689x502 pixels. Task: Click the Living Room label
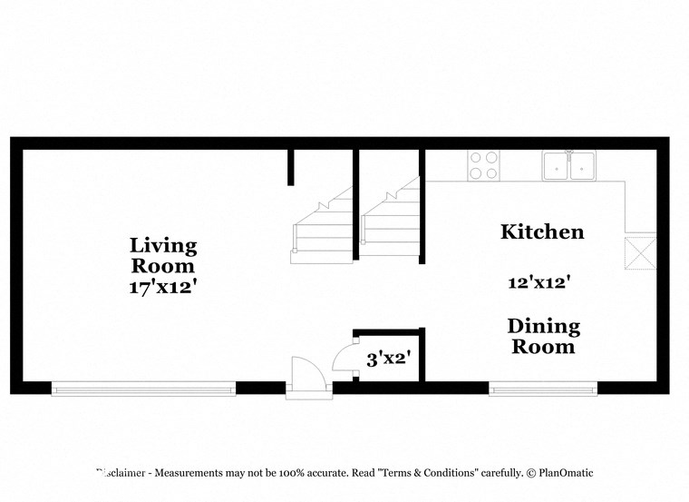pyautogui.click(x=163, y=255)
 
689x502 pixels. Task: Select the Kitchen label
pyautogui.click(x=542, y=231)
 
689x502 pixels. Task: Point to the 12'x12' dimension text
pyautogui.click(x=538, y=282)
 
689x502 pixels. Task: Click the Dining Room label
pyautogui.click(x=543, y=336)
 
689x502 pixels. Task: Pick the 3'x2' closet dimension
pyautogui.click(x=389, y=359)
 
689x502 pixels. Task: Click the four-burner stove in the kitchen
pyautogui.click(x=483, y=165)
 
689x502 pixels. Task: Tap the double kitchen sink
pyautogui.click(x=568, y=165)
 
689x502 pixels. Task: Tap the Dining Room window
pyautogui.click(x=543, y=389)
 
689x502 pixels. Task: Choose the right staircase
pyautogui.click(x=391, y=223)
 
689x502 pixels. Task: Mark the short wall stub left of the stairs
pyautogui.click(x=291, y=167)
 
